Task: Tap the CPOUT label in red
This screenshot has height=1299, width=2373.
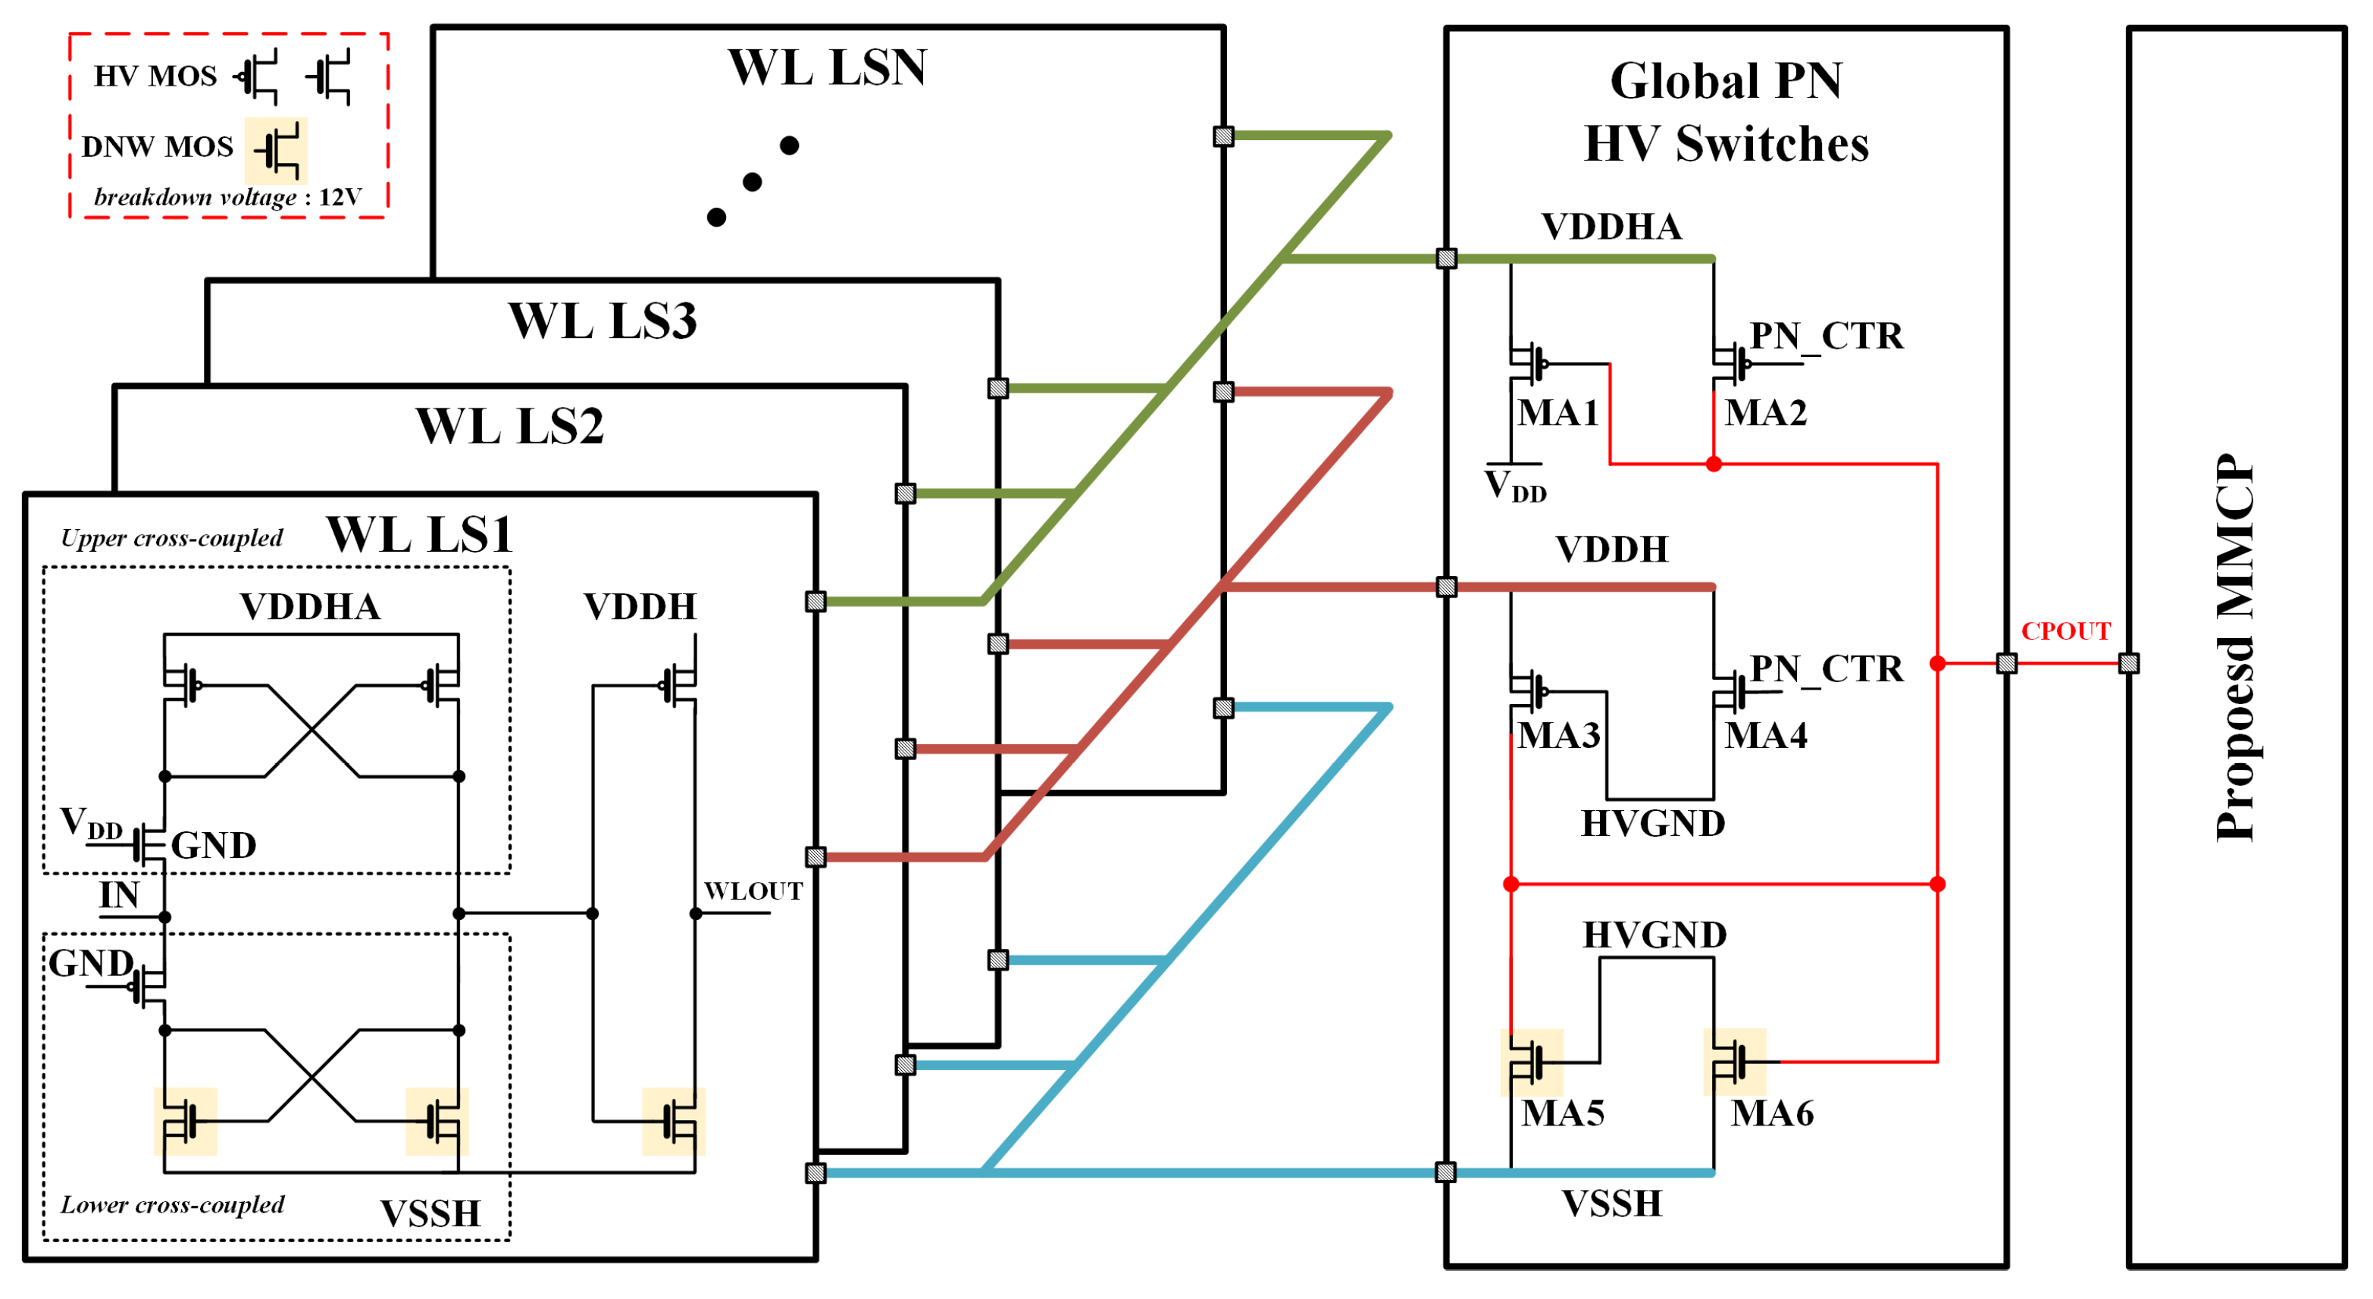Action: tap(2065, 631)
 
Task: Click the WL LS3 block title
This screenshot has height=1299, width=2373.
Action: tap(603, 321)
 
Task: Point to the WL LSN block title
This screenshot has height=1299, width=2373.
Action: tap(826, 67)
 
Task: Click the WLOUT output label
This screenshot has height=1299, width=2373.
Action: tap(753, 891)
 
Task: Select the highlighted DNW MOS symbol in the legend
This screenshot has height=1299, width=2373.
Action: tap(277, 150)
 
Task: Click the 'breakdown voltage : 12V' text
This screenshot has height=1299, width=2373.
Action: tap(227, 197)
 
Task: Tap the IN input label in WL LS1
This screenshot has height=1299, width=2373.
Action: tap(119, 894)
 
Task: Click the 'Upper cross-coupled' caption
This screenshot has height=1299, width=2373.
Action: tap(171, 538)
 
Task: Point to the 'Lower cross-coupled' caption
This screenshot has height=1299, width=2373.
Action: tap(172, 1204)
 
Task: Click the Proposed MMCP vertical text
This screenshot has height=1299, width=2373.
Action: tap(2235, 648)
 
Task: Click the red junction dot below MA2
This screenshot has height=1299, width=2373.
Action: tap(1714, 465)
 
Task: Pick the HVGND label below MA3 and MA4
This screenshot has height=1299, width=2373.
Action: tap(1653, 824)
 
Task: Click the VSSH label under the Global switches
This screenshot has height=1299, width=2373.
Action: tap(1611, 1204)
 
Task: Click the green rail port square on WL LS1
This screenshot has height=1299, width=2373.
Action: tap(816, 602)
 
